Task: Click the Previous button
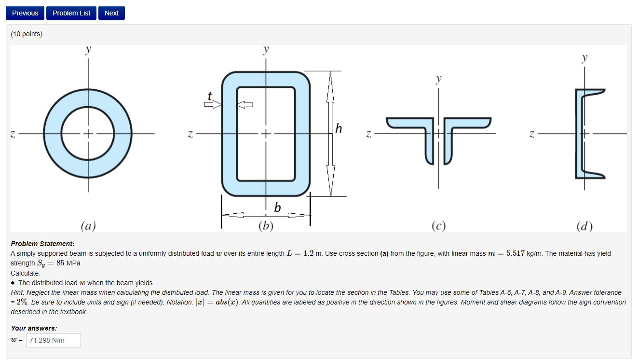point(25,13)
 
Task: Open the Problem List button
point(71,13)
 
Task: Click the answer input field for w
point(53,340)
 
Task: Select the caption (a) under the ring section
point(88,226)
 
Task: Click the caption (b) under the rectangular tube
point(266,226)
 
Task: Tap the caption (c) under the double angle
point(438,226)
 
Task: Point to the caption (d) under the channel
point(584,226)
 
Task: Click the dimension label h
point(339,128)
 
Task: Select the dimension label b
point(277,208)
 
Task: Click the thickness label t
point(209,97)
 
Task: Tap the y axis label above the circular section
point(88,50)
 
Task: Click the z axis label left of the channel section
point(532,134)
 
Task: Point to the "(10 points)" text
point(27,34)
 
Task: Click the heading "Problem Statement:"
point(42,244)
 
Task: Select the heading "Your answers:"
point(34,328)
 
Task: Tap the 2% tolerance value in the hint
point(20,302)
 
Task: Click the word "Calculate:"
point(26,273)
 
